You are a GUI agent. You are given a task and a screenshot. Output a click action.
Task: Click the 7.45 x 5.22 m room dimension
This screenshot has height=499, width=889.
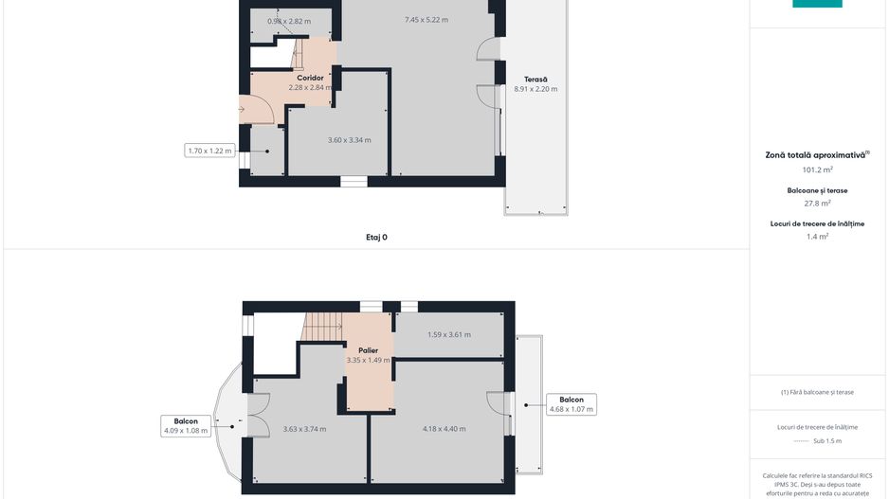coord(426,20)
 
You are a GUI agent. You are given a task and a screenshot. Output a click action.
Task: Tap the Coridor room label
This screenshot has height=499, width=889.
coord(310,78)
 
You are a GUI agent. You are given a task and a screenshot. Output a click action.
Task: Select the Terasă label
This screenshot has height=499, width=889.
coord(535,79)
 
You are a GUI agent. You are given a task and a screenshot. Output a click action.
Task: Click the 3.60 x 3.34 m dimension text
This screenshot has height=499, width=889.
coord(349,140)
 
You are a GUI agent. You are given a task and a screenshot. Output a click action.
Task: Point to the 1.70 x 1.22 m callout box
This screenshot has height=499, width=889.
coord(209,151)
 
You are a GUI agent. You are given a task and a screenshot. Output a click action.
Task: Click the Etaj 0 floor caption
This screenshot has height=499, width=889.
coord(376,237)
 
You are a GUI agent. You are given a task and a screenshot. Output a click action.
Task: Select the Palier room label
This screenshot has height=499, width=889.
coord(368,350)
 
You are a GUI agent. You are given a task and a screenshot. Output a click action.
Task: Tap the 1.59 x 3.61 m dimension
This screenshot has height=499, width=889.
coord(448,334)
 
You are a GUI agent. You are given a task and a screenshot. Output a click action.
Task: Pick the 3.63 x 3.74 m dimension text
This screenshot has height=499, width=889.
coord(304,429)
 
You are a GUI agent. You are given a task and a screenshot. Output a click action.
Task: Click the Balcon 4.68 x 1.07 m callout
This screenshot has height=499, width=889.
coord(571,404)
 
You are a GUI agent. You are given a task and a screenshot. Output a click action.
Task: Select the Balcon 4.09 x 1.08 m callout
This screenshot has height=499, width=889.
coord(185,426)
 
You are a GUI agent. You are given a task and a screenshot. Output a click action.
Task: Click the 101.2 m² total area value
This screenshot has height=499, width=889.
coord(816,170)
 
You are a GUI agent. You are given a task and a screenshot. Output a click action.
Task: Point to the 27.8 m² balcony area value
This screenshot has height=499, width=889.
coord(816,203)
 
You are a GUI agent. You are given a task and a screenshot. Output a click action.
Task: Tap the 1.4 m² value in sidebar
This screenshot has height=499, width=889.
coord(816,237)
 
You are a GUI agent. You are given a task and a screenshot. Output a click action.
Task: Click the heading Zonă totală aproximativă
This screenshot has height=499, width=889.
coord(816,154)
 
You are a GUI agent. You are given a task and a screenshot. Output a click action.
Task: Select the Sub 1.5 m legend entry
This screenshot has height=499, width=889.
coord(816,441)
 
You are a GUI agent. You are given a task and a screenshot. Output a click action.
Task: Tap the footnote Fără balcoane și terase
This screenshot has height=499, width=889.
coord(816,392)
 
